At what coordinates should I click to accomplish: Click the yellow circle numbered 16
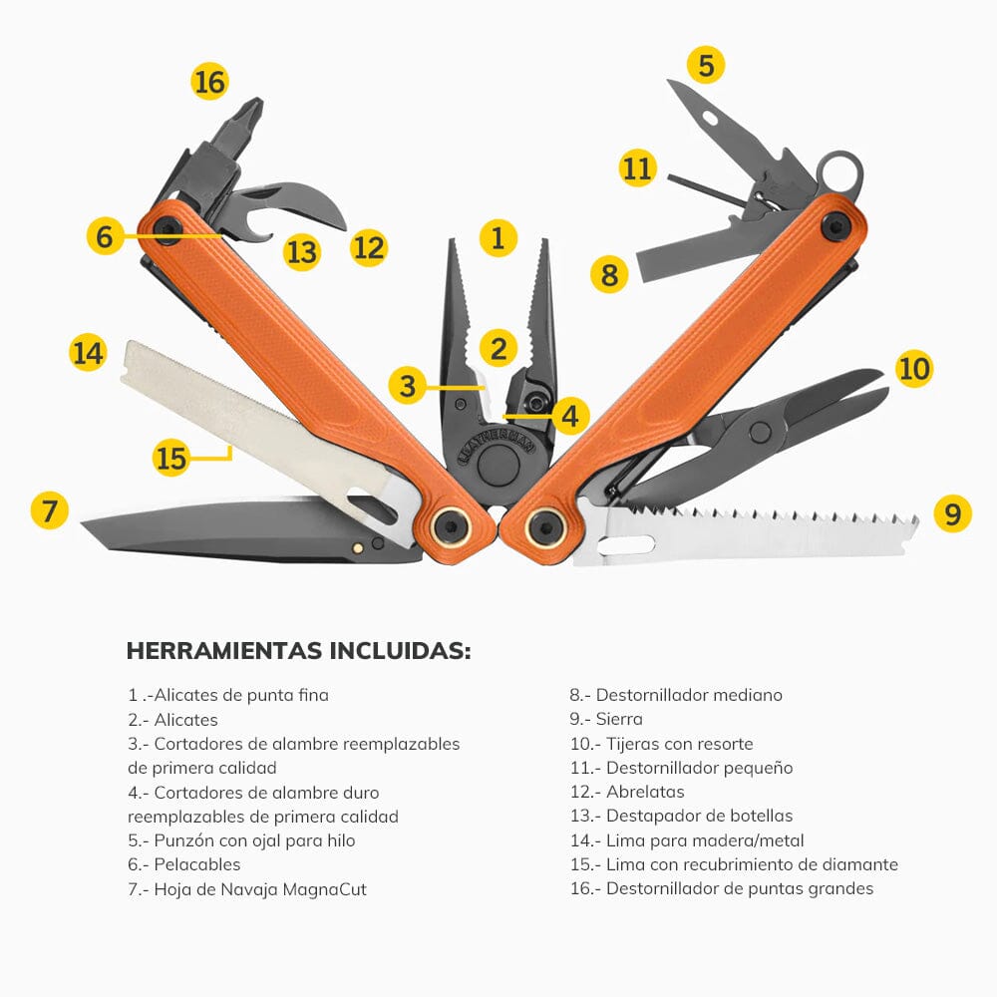click(210, 81)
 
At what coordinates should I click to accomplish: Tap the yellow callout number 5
click(706, 66)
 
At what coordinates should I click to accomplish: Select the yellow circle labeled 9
click(952, 513)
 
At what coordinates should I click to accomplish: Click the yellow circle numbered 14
click(88, 353)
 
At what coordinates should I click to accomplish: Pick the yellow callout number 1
click(498, 238)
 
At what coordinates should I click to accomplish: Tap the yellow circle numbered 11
click(637, 167)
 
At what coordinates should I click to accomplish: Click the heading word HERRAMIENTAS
click(223, 651)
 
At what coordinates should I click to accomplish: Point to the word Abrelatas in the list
click(645, 792)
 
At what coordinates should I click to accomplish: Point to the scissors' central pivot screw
click(760, 433)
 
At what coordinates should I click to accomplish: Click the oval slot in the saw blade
click(626, 545)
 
